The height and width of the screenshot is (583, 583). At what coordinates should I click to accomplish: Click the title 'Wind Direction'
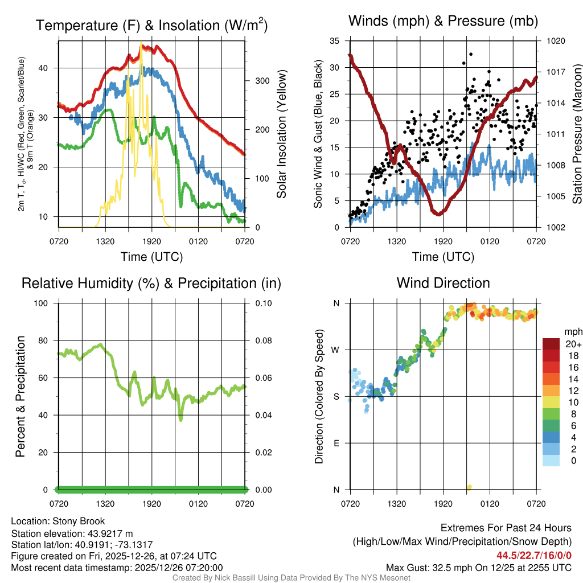coord(443,283)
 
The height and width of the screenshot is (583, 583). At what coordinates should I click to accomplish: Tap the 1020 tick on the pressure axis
coord(555,41)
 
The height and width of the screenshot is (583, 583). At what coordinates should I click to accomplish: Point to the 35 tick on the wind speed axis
coord(334,41)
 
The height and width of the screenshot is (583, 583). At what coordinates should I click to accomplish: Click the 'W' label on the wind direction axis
coord(336,350)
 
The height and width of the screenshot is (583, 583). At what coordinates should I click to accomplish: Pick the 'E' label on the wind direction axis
coord(336,443)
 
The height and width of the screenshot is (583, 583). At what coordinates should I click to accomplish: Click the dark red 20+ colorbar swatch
coord(551,344)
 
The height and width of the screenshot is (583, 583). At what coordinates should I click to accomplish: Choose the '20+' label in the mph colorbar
coord(573,344)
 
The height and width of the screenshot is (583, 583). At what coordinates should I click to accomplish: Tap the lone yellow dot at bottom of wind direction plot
coord(469,487)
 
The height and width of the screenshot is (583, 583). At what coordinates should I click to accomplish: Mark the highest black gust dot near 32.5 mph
coord(471,54)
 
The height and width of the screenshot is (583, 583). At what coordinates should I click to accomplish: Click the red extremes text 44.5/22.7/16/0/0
coord(534,555)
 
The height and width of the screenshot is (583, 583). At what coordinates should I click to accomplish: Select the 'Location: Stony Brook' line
coord(58,521)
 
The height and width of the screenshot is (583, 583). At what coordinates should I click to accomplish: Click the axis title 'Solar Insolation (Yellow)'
coord(282,134)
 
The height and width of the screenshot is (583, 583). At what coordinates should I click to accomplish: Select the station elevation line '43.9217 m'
coord(72,533)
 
